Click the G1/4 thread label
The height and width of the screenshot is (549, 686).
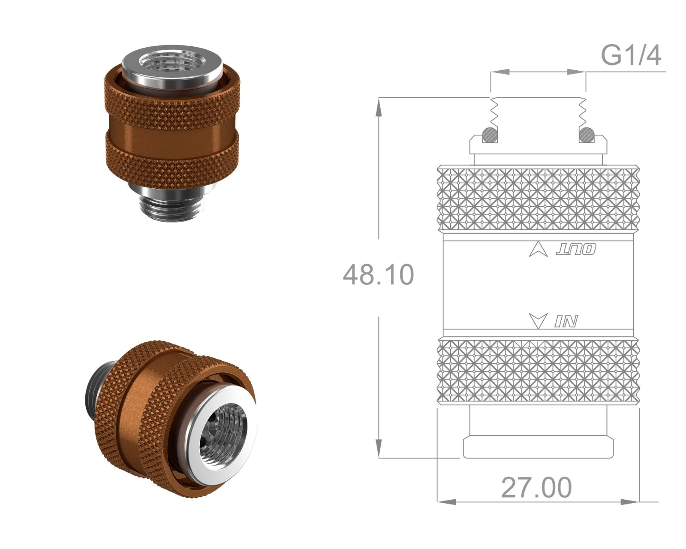point(631,55)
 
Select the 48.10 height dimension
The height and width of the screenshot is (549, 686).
point(379,274)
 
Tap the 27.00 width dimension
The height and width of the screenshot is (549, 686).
point(536,488)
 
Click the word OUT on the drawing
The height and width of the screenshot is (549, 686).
point(576,249)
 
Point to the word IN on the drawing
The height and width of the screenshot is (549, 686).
point(566,321)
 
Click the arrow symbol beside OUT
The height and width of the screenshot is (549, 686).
point(539,249)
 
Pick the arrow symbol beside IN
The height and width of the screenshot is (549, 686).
point(539,321)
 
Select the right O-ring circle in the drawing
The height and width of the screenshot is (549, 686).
point(587,135)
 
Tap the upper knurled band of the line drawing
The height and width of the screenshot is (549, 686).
point(539,199)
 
